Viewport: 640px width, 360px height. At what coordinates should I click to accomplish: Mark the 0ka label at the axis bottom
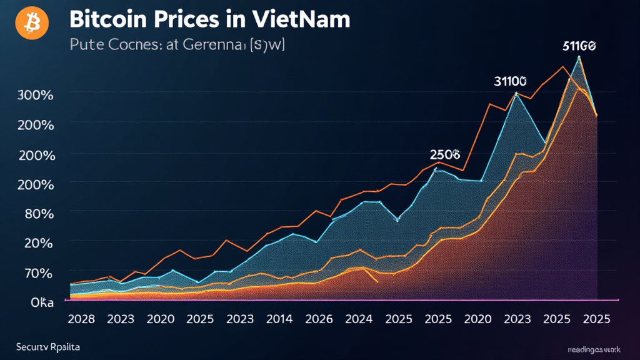(x=41, y=302)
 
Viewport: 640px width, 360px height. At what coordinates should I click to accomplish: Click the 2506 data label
(x=445, y=154)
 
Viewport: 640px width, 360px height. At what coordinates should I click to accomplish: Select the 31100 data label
(x=510, y=81)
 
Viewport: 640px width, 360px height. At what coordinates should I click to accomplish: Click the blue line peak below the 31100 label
(x=516, y=93)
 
